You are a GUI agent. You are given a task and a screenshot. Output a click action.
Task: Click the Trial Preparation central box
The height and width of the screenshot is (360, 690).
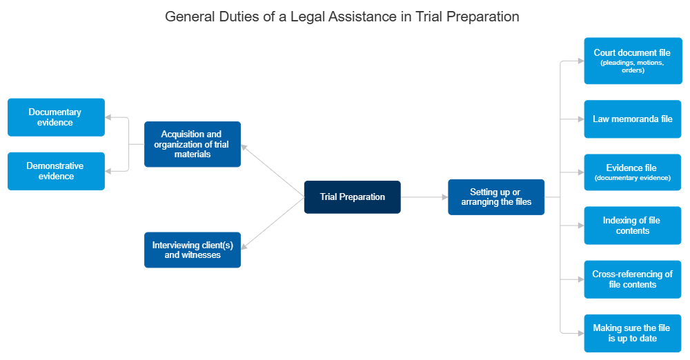[x=352, y=197]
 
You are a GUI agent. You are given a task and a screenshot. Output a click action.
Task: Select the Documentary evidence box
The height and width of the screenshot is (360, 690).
[x=56, y=117]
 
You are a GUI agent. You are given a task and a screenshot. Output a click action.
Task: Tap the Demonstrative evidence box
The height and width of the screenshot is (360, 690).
[x=56, y=171]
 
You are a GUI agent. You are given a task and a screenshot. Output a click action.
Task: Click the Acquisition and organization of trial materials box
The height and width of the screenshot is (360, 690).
[x=193, y=144]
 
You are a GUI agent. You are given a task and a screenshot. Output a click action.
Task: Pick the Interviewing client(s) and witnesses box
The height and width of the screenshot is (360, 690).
[x=193, y=250]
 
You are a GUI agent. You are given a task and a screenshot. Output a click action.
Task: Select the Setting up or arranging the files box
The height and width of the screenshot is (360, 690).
[x=496, y=197]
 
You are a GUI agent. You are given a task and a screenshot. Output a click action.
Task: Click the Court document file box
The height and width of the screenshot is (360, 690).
[x=632, y=61]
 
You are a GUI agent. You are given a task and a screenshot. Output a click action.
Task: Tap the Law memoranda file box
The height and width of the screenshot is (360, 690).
[x=632, y=119]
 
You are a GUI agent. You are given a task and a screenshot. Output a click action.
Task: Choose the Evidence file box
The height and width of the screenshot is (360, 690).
[x=632, y=172]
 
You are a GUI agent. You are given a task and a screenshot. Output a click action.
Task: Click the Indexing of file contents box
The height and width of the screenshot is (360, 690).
[x=632, y=226]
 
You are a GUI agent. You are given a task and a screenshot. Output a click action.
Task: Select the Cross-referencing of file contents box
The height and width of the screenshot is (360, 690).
[x=632, y=279]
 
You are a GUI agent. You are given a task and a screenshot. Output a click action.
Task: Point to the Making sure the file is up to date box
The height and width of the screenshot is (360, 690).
[x=632, y=333]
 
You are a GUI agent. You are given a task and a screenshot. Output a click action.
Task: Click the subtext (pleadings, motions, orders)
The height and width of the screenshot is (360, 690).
[x=632, y=66]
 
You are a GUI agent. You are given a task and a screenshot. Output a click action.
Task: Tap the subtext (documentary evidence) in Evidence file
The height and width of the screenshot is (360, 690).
[x=632, y=178]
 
